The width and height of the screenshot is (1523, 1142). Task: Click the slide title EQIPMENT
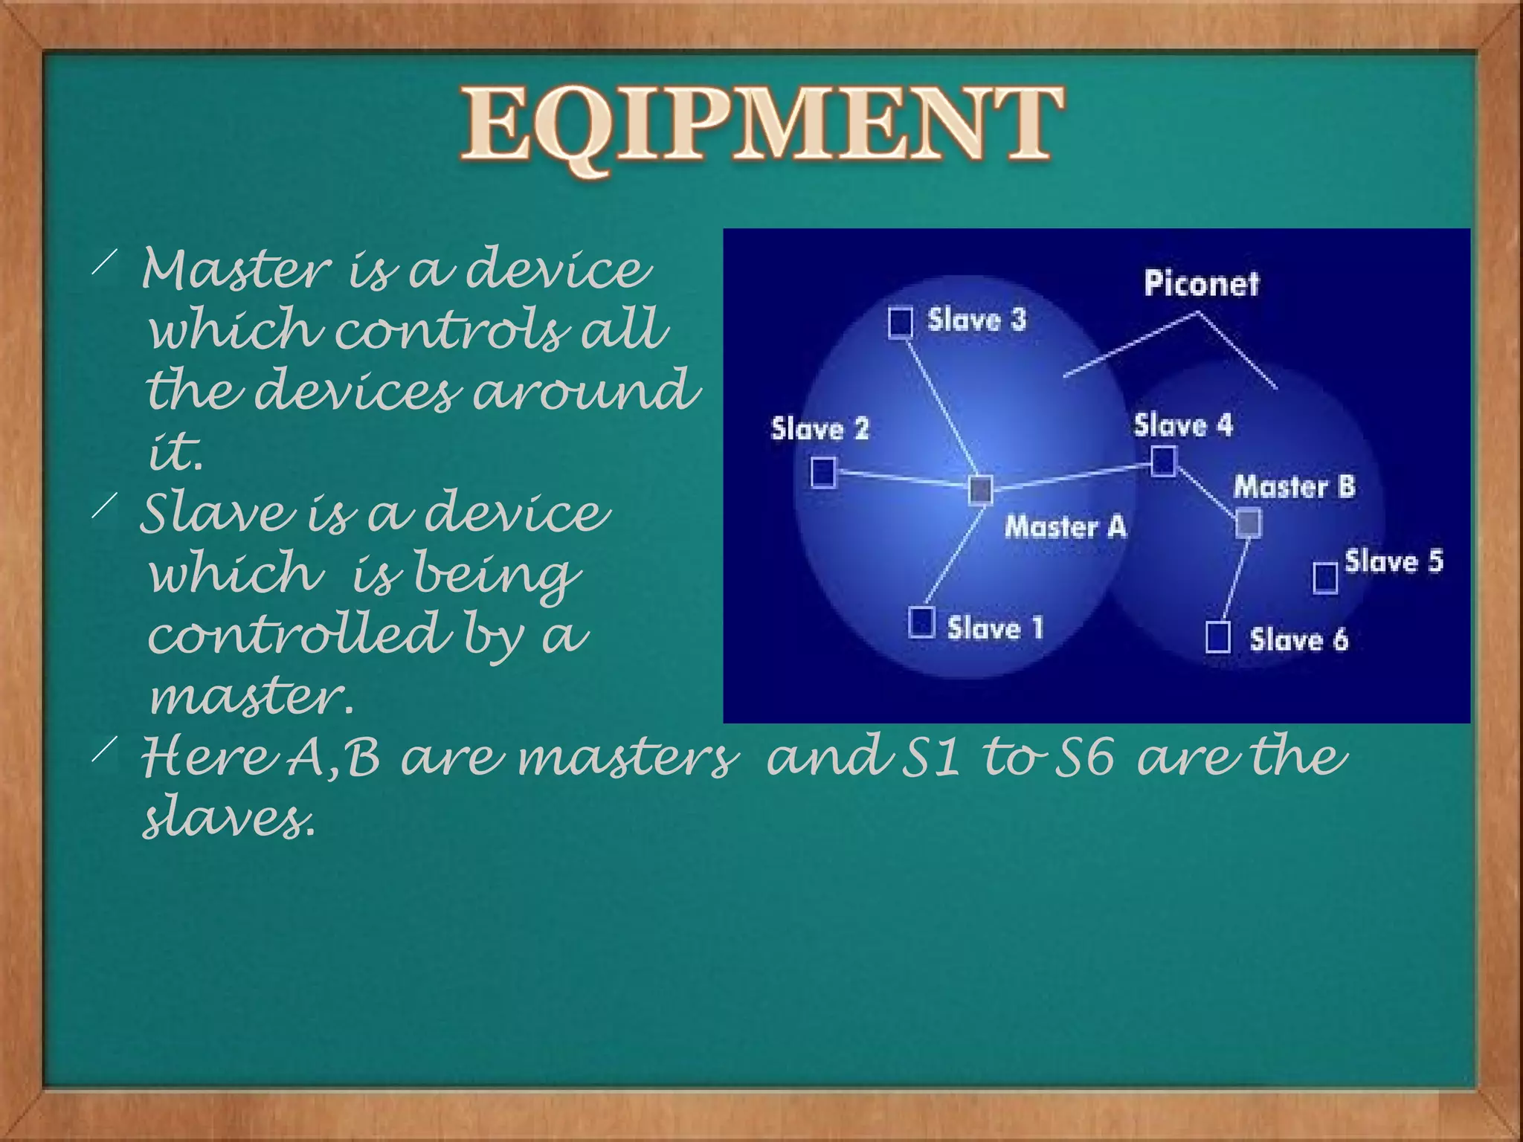click(x=761, y=125)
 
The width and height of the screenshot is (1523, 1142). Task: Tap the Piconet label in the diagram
click(x=1201, y=283)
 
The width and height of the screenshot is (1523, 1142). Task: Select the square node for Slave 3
click(x=901, y=323)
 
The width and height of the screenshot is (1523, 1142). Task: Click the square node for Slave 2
click(x=823, y=472)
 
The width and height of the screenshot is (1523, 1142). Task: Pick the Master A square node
click(x=981, y=489)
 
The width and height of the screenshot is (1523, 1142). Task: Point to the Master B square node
click(x=1249, y=523)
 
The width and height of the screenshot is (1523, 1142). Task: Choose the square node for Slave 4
click(x=1164, y=461)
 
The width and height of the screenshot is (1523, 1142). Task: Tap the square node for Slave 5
click(x=1325, y=578)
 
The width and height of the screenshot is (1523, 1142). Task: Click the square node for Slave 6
click(x=1217, y=637)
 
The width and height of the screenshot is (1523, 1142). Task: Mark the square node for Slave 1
click(x=922, y=622)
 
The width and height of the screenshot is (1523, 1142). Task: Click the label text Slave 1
click(x=995, y=628)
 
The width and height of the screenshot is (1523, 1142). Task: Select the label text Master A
click(x=1065, y=526)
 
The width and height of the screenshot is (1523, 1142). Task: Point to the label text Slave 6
click(x=1298, y=639)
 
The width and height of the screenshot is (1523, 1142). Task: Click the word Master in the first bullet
click(x=236, y=269)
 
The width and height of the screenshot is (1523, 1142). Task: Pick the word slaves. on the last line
click(x=229, y=819)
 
